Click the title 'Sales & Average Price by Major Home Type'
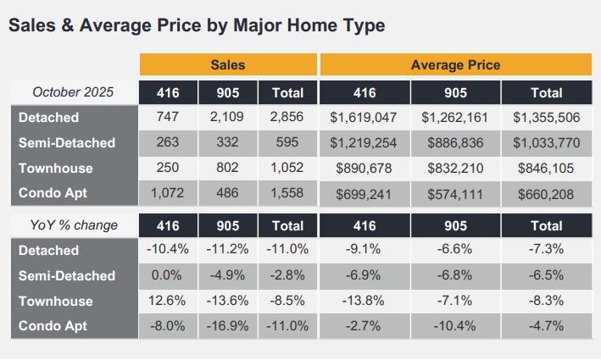click(196, 26)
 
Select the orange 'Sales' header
click(228, 65)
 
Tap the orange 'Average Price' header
click(455, 65)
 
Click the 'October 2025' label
click(73, 92)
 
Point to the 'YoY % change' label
click(73, 225)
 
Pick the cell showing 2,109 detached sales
click(228, 118)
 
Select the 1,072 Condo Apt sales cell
click(168, 194)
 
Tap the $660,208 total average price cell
click(546, 194)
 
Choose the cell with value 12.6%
click(168, 302)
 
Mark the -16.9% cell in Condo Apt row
click(228, 327)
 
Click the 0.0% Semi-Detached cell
click(168, 276)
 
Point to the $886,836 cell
click(455, 143)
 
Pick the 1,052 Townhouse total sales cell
click(288, 169)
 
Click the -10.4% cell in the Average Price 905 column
click(455, 327)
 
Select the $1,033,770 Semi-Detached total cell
click(546, 143)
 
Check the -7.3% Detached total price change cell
click(546, 251)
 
